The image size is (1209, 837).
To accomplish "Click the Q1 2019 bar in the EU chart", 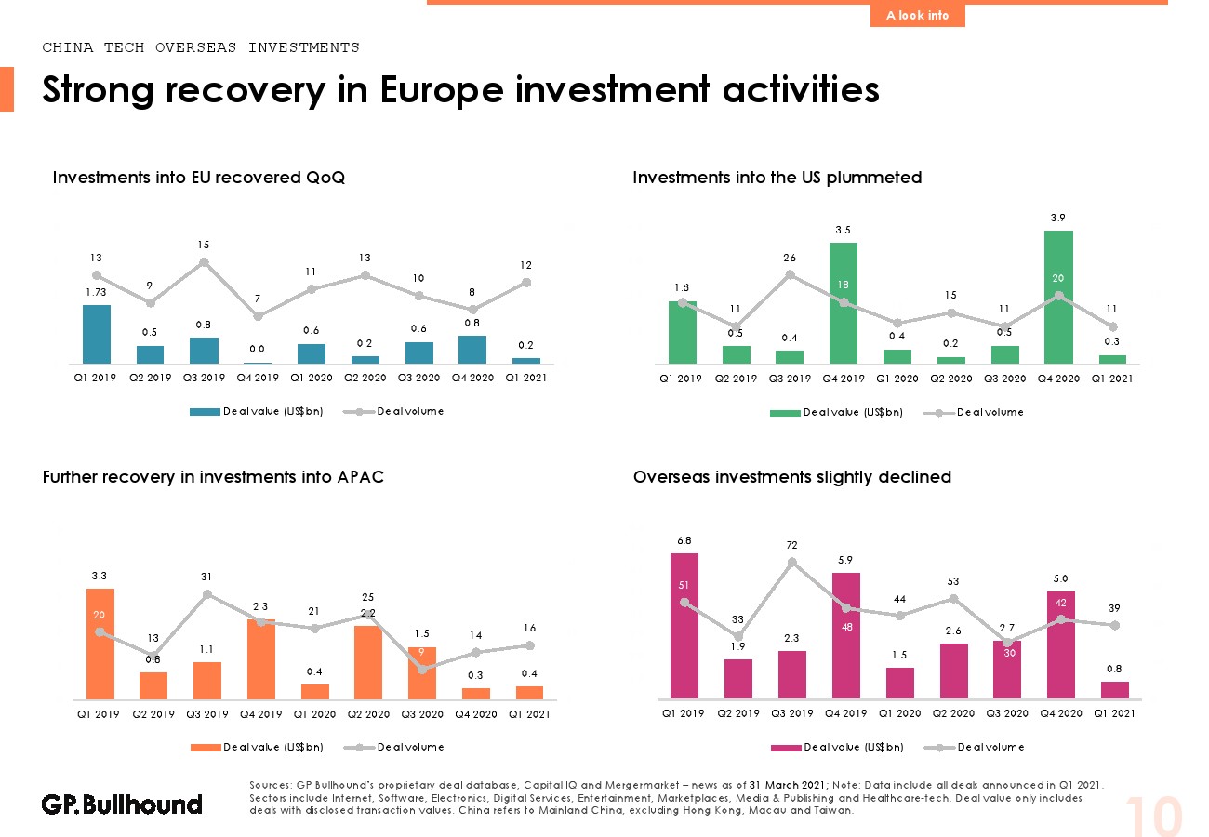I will [x=97, y=334].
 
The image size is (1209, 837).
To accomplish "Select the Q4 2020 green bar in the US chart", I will [x=1058, y=297].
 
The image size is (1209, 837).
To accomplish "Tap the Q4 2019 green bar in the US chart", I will [x=844, y=302].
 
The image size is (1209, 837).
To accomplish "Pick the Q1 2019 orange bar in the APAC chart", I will [x=100, y=643].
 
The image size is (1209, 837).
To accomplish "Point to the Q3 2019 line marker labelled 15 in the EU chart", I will [x=204, y=262].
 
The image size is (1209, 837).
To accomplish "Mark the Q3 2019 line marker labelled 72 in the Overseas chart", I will [x=791, y=562].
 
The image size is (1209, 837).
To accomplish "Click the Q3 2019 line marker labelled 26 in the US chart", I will [x=790, y=274].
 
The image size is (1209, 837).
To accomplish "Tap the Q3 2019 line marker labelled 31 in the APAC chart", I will [x=206, y=594].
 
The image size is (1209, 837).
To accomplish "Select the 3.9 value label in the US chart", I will [x=1058, y=218].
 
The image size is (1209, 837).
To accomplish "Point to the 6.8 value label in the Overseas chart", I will [x=684, y=539].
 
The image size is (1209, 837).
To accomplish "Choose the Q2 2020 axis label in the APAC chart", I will [x=368, y=714].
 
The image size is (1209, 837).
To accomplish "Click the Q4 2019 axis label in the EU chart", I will [x=258, y=378].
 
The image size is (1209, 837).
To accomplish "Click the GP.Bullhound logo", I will [x=122, y=804].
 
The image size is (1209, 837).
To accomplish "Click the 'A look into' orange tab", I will [x=917, y=15].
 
